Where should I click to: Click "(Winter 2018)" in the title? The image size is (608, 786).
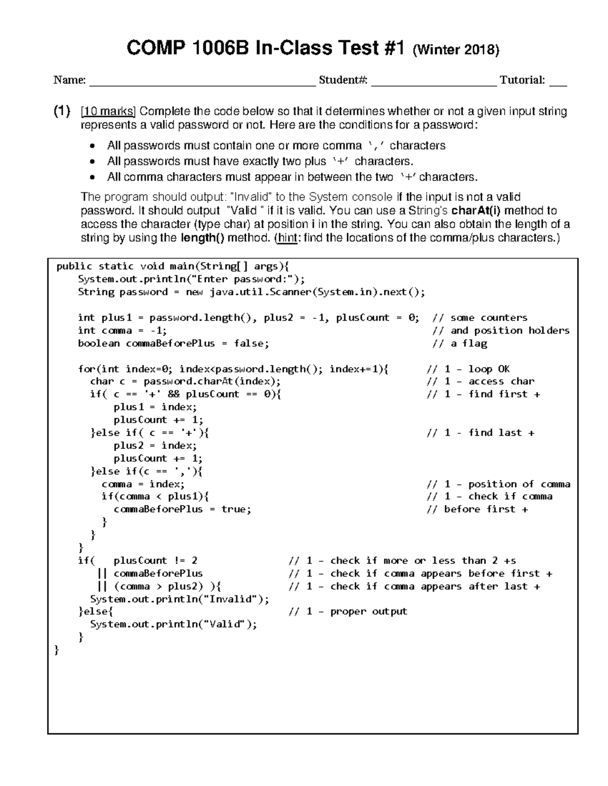coord(456,50)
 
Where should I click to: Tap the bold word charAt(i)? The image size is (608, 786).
coord(476,211)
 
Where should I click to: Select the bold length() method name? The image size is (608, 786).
coord(202,238)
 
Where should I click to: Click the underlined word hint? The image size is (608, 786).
coord(287,238)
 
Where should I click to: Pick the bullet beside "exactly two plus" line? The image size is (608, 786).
coord(92,162)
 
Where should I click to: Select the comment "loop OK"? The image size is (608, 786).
coord(488,369)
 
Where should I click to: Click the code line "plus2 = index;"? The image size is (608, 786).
coord(155,445)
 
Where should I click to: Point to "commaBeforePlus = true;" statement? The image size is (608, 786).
coord(182,509)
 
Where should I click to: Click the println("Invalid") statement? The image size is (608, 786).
coord(179,599)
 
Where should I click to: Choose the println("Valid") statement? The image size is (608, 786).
coord(173,624)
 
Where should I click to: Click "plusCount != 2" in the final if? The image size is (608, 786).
coord(155,560)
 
